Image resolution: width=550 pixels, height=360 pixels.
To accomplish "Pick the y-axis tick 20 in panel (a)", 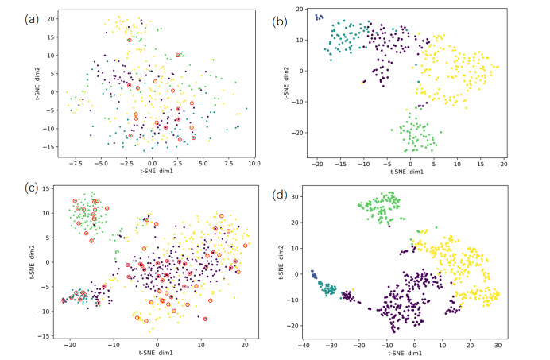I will [49, 17].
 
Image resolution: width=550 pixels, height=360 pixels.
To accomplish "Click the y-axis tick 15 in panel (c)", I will [48, 188].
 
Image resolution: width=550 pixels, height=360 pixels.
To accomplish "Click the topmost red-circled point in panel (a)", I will [130, 40].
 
